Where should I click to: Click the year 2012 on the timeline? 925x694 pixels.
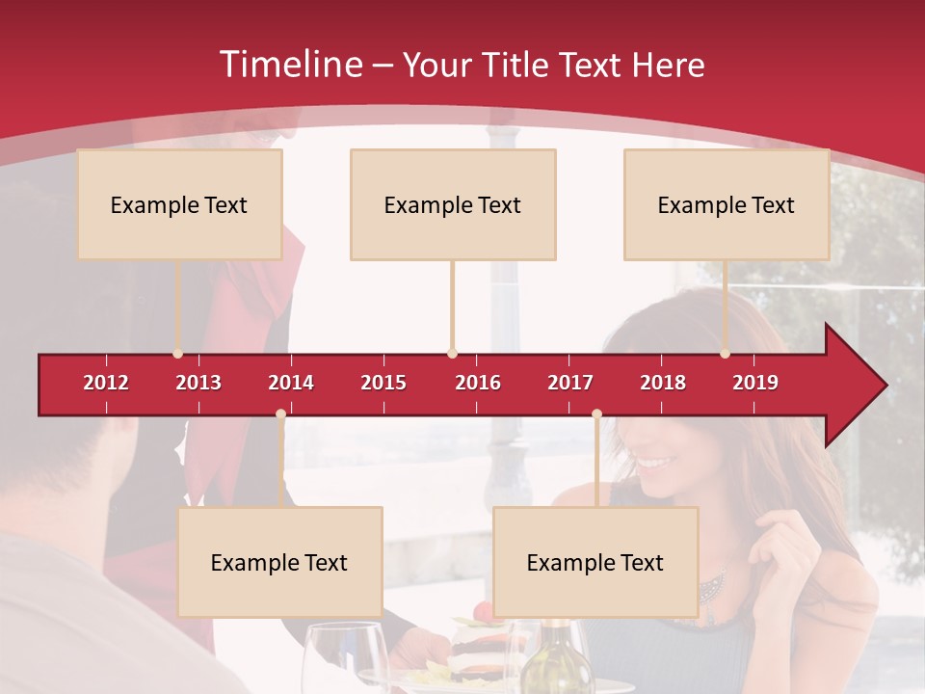coord(106,383)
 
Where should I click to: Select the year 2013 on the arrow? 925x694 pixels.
coord(198,383)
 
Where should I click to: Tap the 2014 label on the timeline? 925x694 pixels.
coord(291,383)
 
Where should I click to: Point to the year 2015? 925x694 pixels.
coord(383,383)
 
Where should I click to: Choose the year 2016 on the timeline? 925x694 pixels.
coord(478,383)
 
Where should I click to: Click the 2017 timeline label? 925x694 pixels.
coord(570,383)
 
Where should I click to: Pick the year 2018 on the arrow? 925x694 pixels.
coord(663,383)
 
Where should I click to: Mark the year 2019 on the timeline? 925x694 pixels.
coord(755,383)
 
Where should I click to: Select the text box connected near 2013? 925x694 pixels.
coord(179,204)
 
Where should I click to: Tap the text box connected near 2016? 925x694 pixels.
coord(453,204)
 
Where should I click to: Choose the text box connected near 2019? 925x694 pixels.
coord(727,204)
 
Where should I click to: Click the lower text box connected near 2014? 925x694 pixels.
coord(279,562)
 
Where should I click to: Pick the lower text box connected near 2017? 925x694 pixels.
coord(595,562)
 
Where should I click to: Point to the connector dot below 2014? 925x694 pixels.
coord(280,414)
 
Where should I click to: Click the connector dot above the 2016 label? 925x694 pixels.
coord(452,354)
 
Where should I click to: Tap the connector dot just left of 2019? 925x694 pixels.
coord(725,354)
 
